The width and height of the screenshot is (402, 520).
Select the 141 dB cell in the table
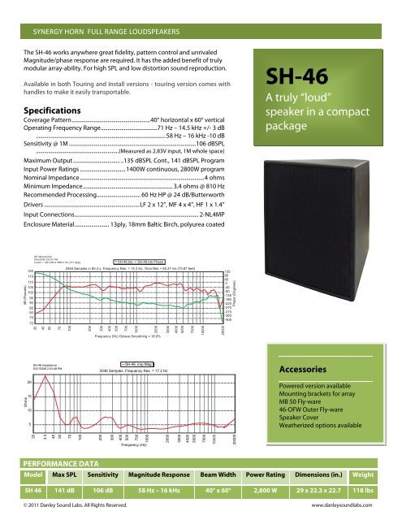(x=66, y=493)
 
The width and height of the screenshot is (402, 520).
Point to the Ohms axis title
(x=8, y=401)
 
